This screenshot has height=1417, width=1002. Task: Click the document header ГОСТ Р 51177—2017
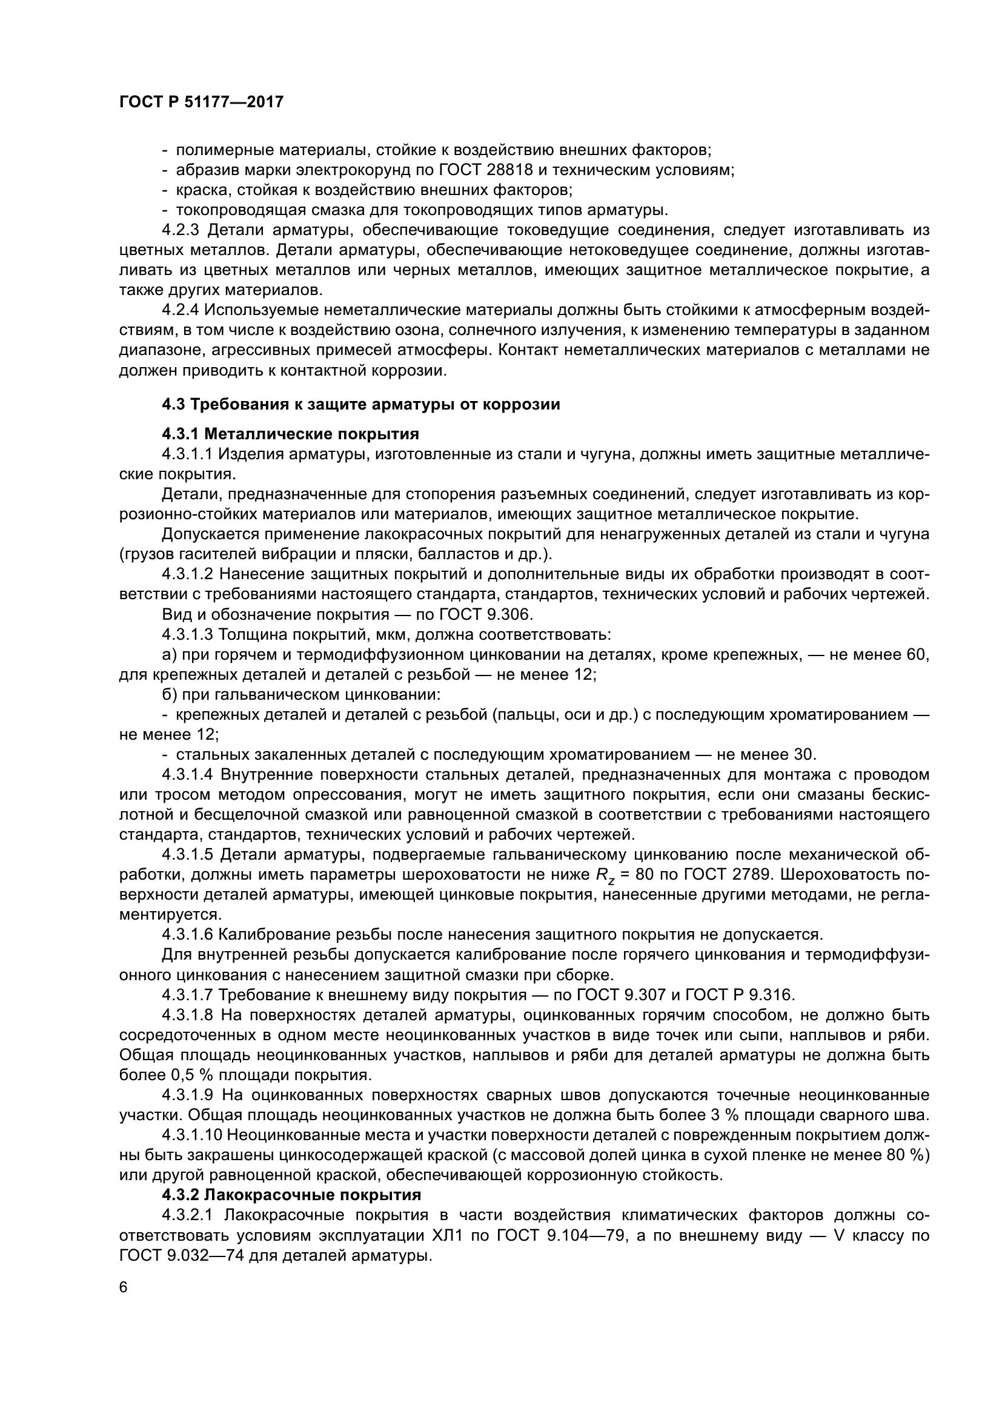[x=201, y=102]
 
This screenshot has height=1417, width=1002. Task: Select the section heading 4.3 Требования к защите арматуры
[x=361, y=405]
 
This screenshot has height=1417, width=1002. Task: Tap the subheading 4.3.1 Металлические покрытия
[x=290, y=434]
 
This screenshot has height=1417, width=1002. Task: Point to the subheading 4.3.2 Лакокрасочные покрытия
[x=291, y=1195]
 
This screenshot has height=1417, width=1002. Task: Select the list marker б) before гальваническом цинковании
[x=170, y=695]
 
